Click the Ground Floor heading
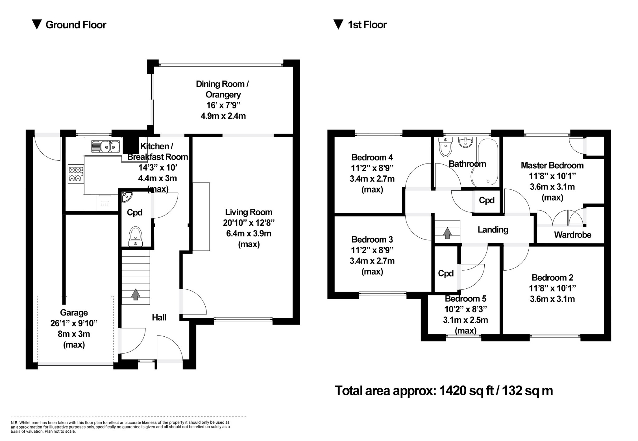(76, 25)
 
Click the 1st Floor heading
(367, 25)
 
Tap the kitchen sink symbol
(105, 146)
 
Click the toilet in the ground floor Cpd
(136, 236)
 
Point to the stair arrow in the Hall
(136, 294)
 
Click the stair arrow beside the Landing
(447, 233)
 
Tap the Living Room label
(249, 212)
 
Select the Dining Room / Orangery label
(222, 89)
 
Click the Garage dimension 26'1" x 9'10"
(74, 323)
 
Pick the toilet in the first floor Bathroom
(445, 148)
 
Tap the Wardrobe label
(572, 235)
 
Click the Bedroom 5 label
(465, 299)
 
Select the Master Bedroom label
(552, 165)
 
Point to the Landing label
(493, 230)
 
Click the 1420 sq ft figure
(466, 391)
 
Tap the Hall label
(159, 317)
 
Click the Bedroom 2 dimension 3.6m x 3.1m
(552, 299)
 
